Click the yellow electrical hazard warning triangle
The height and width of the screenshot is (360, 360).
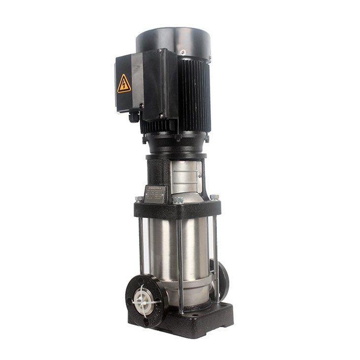[x=124, y=84]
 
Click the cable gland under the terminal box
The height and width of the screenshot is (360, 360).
[x=134, y=117]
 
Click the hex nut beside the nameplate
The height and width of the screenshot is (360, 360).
[x=140, y=199]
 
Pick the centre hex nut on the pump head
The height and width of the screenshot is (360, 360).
[x=178, y=200]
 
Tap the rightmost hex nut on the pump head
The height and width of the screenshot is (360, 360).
[x=214, y=197]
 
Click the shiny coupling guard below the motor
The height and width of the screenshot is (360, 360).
[x=185, y=173]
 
